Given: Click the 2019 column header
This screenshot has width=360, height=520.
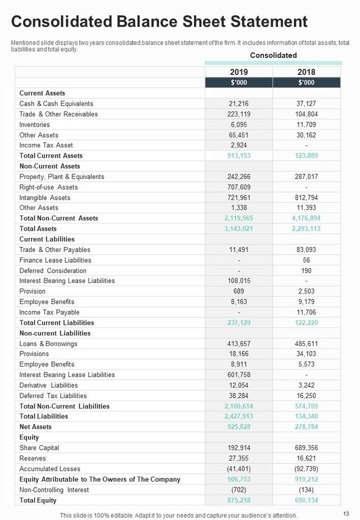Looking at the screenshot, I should [x=238, y=72].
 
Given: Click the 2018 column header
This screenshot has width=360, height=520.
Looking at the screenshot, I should [x=307, y=72].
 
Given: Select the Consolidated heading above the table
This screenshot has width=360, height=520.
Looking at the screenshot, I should [x=273, y=55].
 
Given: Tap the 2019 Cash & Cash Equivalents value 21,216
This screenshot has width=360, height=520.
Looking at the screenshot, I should [x=238, y=104].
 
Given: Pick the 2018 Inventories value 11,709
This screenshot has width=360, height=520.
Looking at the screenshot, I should [x=307, y=124].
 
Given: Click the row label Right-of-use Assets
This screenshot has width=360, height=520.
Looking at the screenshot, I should [x=48, y=187].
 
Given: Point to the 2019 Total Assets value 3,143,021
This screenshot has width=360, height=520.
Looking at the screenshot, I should [x=238, y=228].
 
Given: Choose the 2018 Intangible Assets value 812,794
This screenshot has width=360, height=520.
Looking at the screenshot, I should [x=307, y=198].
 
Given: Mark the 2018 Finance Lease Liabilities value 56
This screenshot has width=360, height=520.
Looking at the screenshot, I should [x=307, y=260].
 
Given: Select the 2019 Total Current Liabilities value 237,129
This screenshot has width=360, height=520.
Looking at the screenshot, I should [x=238, y=322].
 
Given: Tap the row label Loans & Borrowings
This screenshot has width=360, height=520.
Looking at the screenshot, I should [x=48, y=343].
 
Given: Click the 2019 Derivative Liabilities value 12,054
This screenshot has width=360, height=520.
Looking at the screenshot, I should [x=238, y=385].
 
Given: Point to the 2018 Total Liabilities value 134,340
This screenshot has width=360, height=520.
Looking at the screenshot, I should [x=307, y=416].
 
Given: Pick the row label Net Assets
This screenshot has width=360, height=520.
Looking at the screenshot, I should [x=35, y=427].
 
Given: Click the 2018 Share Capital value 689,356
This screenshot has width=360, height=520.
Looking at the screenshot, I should [x=307, y=447].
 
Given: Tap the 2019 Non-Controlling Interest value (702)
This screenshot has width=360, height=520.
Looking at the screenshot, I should [x=238, y=489].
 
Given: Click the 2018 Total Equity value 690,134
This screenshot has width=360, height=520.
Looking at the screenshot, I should [x=307, y=500].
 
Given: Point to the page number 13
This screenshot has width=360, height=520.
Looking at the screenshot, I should [x=345, y=514].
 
